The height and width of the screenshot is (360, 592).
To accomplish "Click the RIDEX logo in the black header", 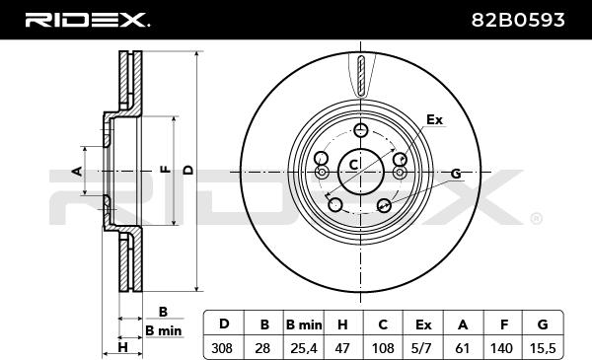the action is pyautogui.click(x=88, y=20).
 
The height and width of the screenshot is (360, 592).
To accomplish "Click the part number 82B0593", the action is pyautogui.click(x=518, y=20).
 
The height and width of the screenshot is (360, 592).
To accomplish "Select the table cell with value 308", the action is pyautogui.click(x=222, y=348).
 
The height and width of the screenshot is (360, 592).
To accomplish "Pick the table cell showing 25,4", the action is pyautogui.click(x=304, y=348).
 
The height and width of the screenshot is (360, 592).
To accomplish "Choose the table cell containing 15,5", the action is pyautogui.click(x=543, y=348).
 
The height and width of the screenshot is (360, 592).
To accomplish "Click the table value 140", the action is pyautogui.click(x=502, y=348).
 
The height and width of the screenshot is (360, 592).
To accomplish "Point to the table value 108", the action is pyautogui.click(x=383, y=348).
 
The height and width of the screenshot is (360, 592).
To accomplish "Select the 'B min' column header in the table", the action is pyautogui.click(x=304, y=324).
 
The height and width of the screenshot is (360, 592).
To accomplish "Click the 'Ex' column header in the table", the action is pyautogui.click(x=423, y=324).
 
